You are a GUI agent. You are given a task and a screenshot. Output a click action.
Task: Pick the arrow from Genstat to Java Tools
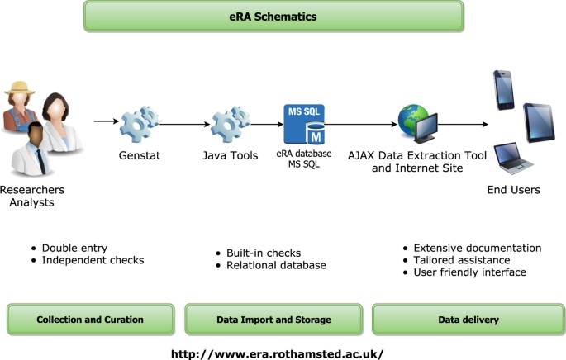(x=179, y=125)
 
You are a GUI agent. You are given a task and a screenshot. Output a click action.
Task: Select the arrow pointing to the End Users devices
(x=465, y=125)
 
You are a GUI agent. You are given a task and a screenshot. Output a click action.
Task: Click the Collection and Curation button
(x=91, y=320)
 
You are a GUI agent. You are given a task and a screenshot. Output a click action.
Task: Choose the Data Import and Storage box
(x=273, y=320)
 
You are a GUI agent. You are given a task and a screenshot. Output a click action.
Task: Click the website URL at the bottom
(x=278, y=353)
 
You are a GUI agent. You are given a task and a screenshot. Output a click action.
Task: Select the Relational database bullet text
(x=276, y=265)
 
